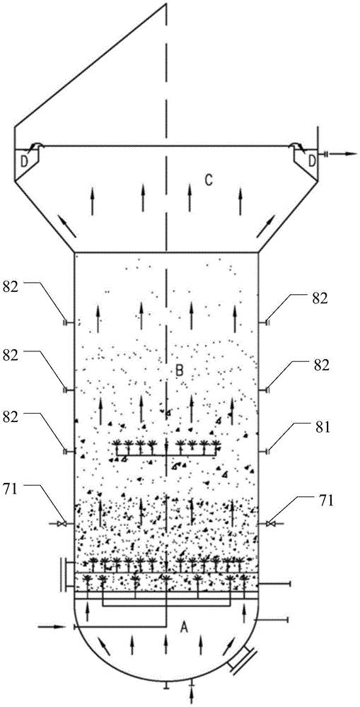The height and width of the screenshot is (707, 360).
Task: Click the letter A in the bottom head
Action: tap(183, 626)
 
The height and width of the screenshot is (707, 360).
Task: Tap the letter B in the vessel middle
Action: tap(179, 371)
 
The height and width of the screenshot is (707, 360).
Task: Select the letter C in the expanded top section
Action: tap(209, 180)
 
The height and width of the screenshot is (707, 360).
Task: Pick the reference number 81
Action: tap(322, 427)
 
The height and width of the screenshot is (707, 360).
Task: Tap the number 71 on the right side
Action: tap(323, 501)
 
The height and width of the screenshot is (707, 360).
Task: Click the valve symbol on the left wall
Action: tap(63, 523)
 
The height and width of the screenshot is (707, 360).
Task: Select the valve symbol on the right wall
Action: tap(269, 523)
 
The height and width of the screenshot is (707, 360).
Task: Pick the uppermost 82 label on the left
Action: tap(11, 288)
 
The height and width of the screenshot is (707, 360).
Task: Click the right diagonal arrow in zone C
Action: tap(265, 226)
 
